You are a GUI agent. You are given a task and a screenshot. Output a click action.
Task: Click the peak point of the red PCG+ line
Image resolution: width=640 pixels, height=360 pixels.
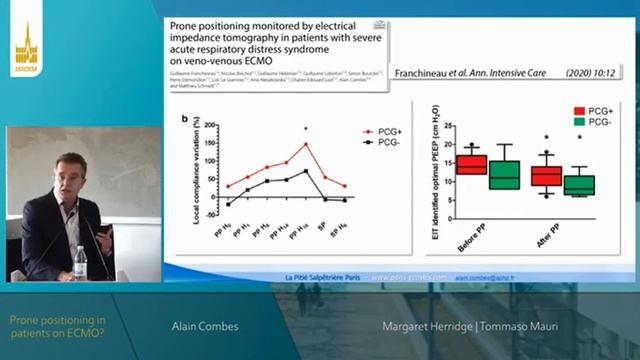306,144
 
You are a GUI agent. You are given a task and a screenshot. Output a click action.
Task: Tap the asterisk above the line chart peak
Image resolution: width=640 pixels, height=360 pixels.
306,129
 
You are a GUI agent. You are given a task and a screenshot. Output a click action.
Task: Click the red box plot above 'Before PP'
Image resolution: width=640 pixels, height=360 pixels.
472,164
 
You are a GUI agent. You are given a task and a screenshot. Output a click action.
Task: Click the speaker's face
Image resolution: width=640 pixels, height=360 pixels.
66,169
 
